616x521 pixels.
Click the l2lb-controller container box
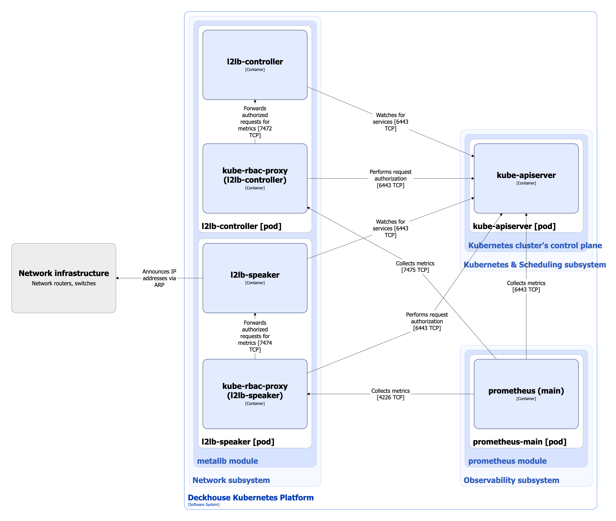pyautogui.click(x=255, y=65)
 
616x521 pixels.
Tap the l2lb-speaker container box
pyautogui.click(x=255, y=278)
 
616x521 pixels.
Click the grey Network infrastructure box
pyautogui.click(x=64, y=278)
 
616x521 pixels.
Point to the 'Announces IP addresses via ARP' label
pyautogui.click(x=159, y=278)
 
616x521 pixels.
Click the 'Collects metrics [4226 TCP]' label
pyautogui.click(x=390, y=394)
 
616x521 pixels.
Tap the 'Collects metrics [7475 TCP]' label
pyautogui.click(x=415, y=266)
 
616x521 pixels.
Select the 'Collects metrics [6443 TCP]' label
pyautogui.click(x=526, y=286)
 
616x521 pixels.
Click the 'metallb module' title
pyautogui.click(x=227, y=461)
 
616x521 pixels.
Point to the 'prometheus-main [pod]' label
pyautogui.click(x=519, y=441)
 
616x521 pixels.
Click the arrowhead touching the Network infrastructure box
pyautogui.click(x=117, y=278)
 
